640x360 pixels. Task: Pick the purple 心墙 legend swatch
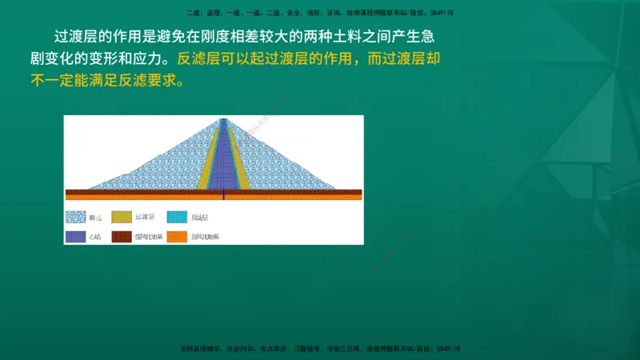click(76, 236)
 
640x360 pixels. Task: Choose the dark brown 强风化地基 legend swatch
click(122, 236)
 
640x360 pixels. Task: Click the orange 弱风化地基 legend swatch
click(177, 236)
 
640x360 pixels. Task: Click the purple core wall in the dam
click(223, 160)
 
